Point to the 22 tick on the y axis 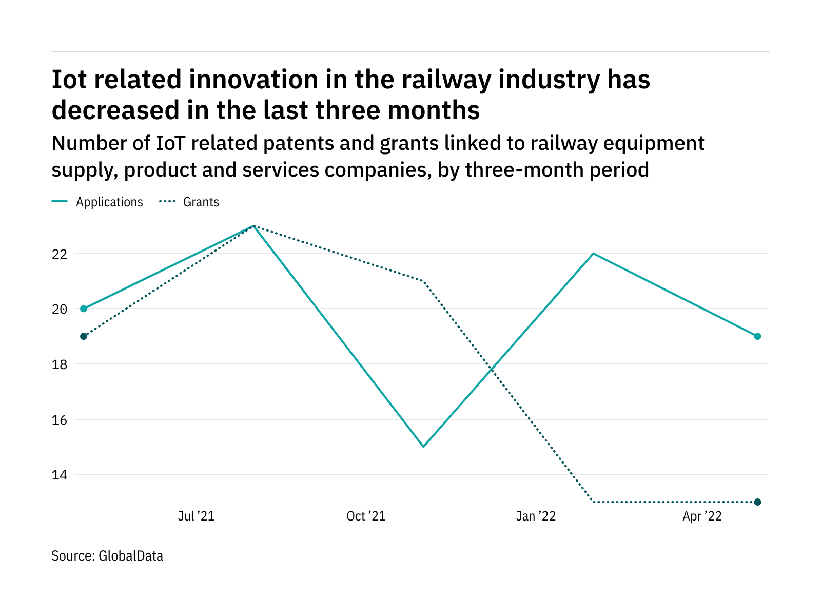[60, 254]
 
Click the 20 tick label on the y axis [60, 309]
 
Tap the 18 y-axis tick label [60, 364]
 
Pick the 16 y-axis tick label [60, 420]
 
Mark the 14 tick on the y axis [60, 475]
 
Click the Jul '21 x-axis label [196, 516]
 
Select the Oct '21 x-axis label [366, 516]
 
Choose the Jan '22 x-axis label [536, 516]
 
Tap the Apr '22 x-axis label [702, 516]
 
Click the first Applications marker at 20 [84, 309]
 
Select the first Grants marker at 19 [84, 336]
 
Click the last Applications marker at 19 [757, 336]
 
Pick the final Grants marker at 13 [757, 502]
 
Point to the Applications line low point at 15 [423, 447]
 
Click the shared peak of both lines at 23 [253, 226]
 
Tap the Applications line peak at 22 [593, 254]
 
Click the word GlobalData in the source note [131, 556]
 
